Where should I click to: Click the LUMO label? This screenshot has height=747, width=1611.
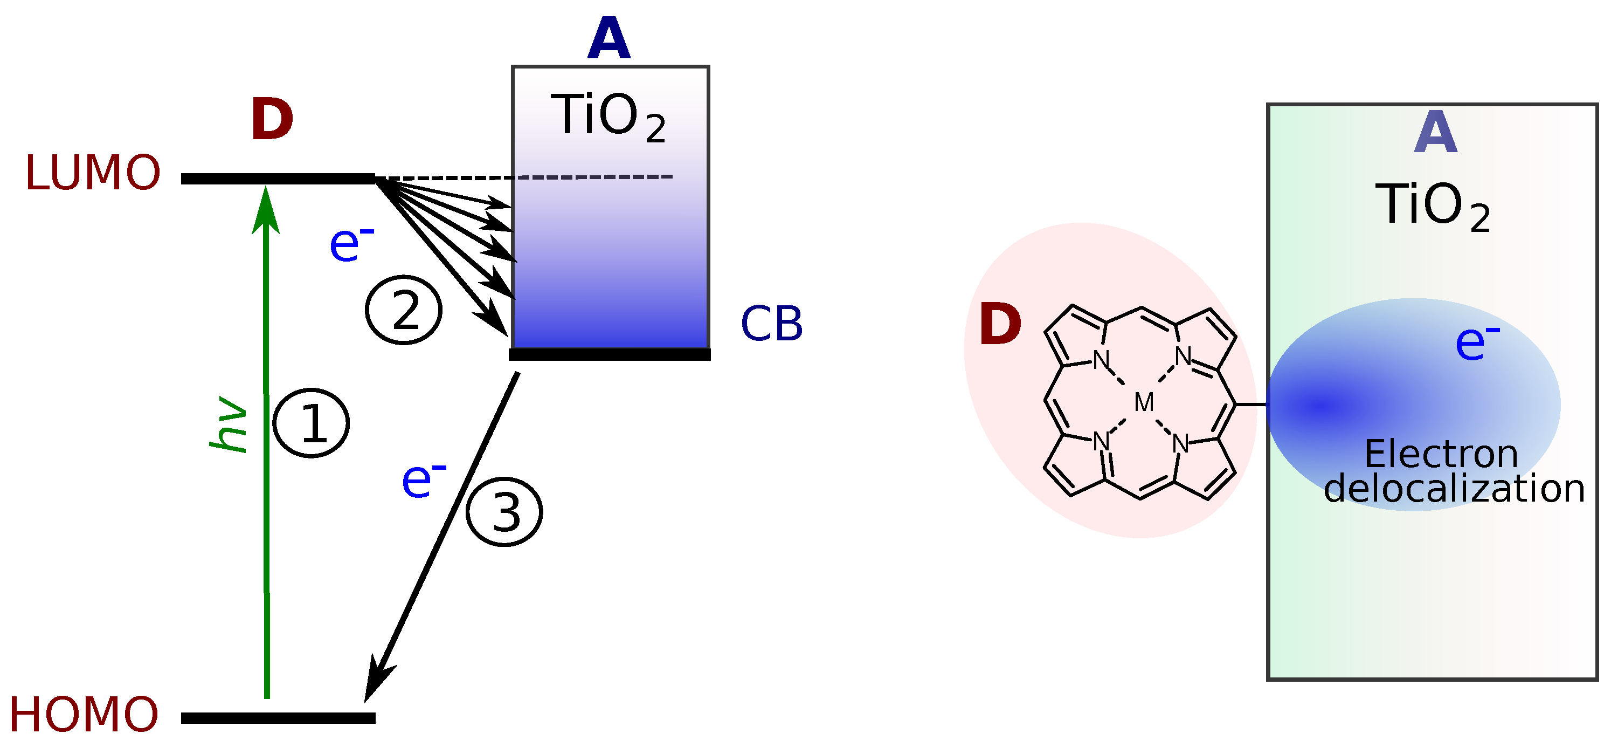(93, 173)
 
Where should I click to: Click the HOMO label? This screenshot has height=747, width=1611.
(84, 715)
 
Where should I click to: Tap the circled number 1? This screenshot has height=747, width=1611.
(312, 423)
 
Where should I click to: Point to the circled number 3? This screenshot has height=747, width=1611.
(504, 512)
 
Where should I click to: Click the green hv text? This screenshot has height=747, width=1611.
(229, 424)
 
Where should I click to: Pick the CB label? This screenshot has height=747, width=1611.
(771, 324)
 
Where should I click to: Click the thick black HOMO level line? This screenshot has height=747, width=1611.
(278, 718)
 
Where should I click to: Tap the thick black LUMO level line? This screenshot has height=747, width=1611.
(278, 179)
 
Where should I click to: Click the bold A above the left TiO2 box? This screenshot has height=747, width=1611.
(609, 39)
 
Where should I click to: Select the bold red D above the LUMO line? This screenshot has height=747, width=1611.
(272, 120)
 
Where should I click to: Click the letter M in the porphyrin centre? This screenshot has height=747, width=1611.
(1144, 402)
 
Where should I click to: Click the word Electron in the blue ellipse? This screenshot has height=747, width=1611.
(1441, 454)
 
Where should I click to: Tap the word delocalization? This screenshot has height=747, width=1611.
(1454, 489)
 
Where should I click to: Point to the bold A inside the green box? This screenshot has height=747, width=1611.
(1436, 133)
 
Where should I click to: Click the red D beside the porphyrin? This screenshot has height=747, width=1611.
(1000, 324)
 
